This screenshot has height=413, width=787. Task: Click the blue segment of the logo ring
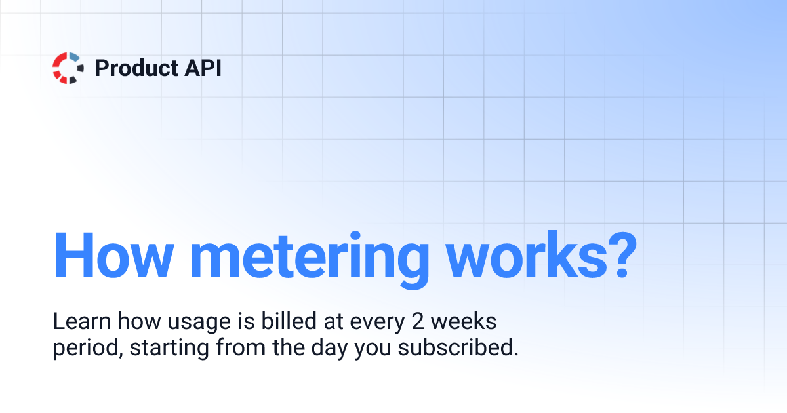[x=75, y=57]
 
